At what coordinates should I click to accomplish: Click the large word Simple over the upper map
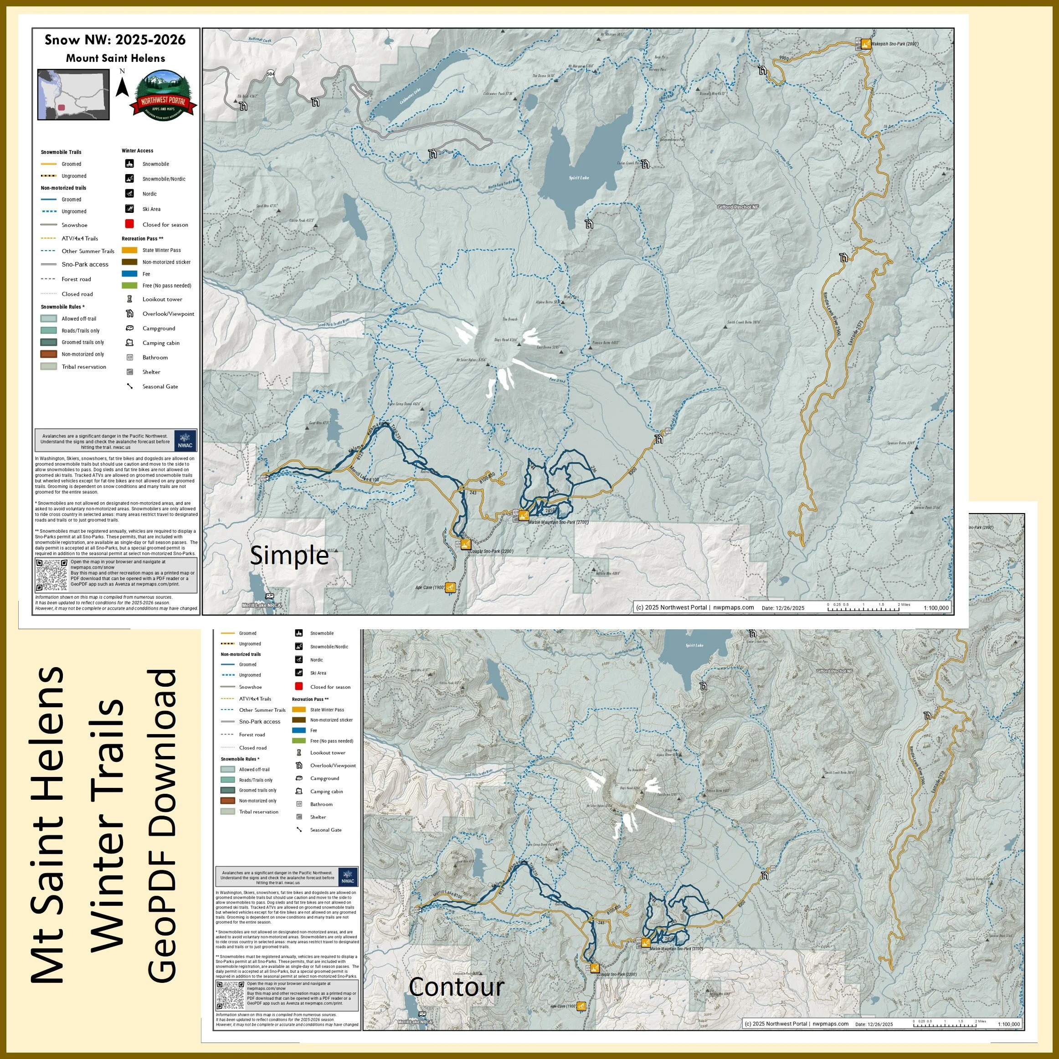(x=289, y=556)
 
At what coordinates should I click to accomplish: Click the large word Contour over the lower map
(x=456, y=987)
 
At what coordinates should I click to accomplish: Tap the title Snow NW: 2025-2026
(x=115, y=40)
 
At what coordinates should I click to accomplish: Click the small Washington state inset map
(x=73, y=94)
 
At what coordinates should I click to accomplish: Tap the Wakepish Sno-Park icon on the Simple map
(x=865, y=44)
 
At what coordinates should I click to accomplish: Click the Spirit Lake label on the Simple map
(x=578, y=178)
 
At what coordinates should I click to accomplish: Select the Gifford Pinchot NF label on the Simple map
(x=738, y=207)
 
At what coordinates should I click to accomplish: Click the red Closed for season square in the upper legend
(x=129, y=224)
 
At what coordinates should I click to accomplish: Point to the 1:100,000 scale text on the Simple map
(x=936, y=608)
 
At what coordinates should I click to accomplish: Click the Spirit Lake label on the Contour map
(x=694, y=645)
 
